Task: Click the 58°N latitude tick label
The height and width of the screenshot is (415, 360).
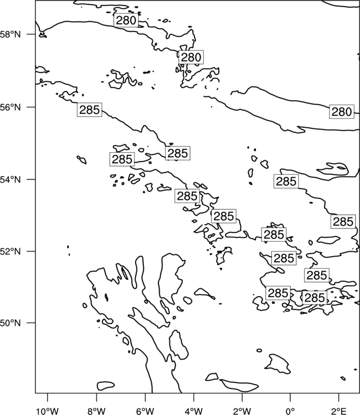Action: click(x=10, y=34)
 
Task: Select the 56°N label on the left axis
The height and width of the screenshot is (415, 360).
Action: click(x=10, y=107)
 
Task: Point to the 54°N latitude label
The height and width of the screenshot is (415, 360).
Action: click(x=10, y=179)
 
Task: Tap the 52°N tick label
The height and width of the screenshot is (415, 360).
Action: click(x=10, y=251)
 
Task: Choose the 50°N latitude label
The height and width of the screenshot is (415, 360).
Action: click(x=10, y=323)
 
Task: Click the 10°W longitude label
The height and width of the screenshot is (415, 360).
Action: click(x=48, y=411)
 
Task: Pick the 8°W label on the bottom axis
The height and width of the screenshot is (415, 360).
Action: click(x=96, y=411)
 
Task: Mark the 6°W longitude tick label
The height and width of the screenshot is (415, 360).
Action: click(x=145, y=411)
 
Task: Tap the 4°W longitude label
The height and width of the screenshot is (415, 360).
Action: click(x=194, y=411)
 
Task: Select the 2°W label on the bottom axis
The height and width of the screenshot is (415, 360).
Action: click(x=242, y=411)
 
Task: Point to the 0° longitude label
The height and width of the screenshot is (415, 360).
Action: click(x=290, y=411)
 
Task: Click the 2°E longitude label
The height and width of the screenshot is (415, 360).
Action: click(x=339, y=411)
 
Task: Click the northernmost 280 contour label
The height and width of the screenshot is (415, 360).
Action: click(x=126, y=20)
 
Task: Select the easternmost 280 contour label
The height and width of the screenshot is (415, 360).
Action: click(x=342, y=112)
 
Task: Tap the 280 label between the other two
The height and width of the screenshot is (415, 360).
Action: click(x=191, y=57)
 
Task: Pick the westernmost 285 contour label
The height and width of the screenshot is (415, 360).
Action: click(x=90, y=110)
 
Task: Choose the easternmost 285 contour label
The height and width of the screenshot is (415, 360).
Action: click(x=343, y=221)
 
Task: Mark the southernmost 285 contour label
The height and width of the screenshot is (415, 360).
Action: click(x=315, y=298)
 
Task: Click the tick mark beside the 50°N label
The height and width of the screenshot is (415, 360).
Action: click(x=33, y=323)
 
